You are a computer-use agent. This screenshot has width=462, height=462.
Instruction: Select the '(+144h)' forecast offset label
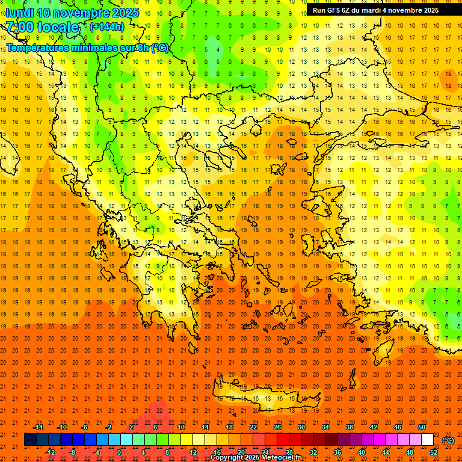point(106,26)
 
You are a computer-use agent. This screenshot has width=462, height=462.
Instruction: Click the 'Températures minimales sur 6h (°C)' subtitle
point(87,48)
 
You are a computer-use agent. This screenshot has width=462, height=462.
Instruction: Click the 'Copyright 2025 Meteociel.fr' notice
point(255,458)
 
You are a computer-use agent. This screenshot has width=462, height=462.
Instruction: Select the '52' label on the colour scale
point(434,452)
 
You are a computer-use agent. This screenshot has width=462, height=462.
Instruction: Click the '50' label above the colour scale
point(422,427)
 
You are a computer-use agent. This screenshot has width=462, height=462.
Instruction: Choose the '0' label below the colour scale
point(119,452)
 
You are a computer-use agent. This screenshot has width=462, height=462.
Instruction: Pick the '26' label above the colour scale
point(277,427)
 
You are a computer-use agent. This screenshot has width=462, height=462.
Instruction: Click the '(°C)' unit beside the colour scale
point(448,440)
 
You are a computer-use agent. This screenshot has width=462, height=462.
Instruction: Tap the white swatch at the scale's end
point(427,440)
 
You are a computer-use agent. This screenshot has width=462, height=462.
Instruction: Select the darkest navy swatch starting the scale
point(30,440)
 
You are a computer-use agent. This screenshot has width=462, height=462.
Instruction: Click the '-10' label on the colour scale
point(61,427)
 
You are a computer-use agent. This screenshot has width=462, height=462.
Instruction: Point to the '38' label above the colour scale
point(350,427)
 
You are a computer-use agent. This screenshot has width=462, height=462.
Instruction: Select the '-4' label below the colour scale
point(95,452)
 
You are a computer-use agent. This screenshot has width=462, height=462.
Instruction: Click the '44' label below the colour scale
point(386,452)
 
